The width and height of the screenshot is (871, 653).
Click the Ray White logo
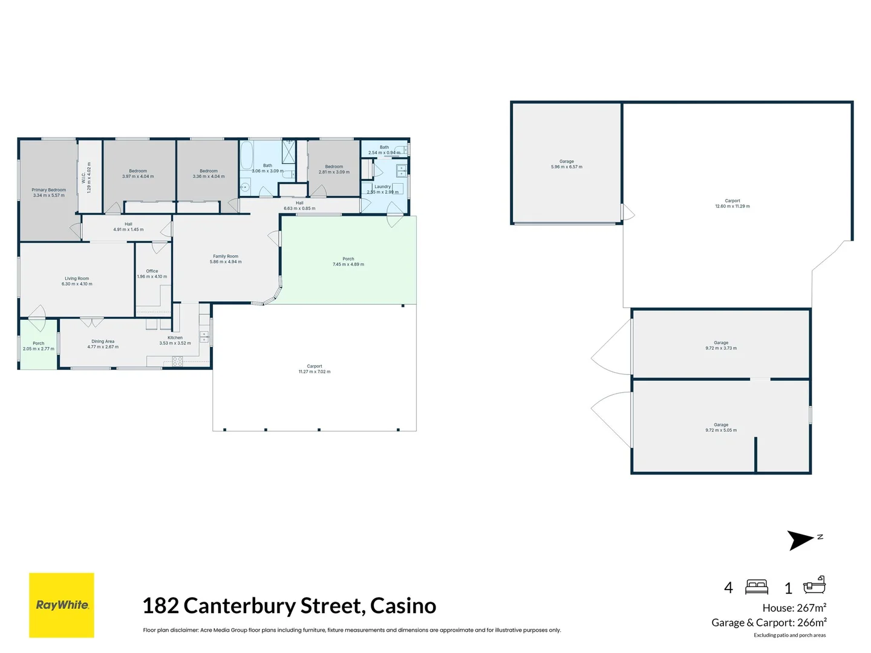(62, 605)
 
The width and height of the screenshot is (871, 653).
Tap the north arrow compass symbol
(801, 539)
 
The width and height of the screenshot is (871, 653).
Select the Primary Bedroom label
(49, 192)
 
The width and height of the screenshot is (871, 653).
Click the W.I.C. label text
(86, 177)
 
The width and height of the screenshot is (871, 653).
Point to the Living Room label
(77, 281)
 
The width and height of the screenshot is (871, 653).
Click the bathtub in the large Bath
(246, 156)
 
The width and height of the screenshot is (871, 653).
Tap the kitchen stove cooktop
(177, 361)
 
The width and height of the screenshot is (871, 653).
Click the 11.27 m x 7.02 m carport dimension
(315, 372)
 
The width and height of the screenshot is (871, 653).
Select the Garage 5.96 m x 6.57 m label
(567, 164)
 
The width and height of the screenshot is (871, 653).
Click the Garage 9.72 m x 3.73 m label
(721, 345)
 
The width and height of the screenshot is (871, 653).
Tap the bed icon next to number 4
(757, 586)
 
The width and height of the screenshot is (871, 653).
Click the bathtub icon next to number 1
(814, 585)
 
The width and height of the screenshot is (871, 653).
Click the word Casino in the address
(403, 605)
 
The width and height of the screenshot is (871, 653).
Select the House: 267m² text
(794, 608)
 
